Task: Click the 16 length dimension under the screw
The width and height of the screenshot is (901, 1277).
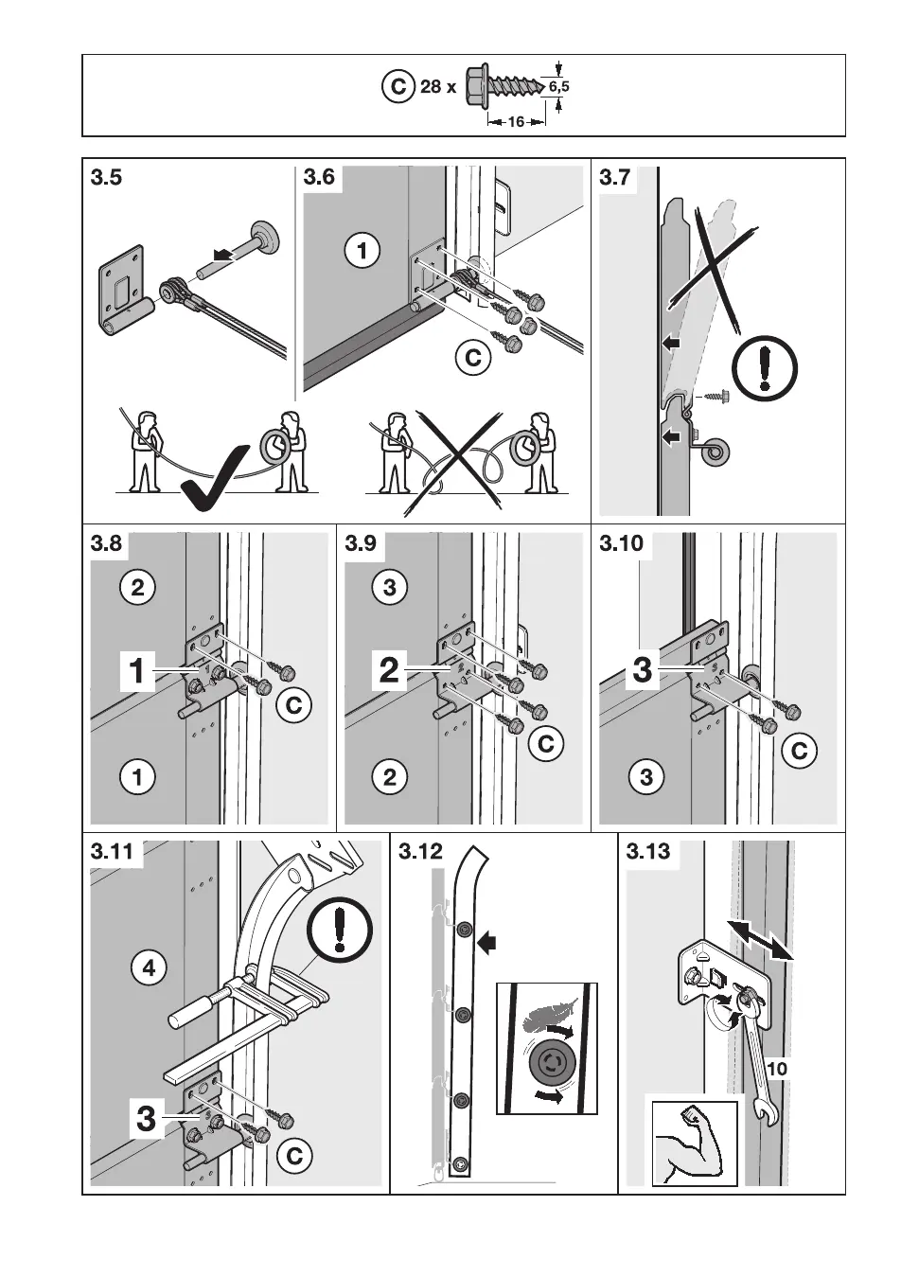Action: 516,122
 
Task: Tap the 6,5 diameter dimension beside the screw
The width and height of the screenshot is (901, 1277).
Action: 559,87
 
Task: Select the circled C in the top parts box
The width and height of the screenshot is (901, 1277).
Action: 398,87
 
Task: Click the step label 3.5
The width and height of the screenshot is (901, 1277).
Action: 107,177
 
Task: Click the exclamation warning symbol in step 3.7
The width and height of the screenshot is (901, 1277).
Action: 766,368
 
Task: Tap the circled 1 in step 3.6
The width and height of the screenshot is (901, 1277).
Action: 362,251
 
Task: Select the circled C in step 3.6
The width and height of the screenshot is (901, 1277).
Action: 473,358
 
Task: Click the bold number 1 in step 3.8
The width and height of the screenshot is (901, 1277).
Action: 138,671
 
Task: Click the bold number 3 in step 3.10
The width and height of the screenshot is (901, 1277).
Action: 643,671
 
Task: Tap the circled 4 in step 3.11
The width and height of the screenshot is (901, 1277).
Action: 149,968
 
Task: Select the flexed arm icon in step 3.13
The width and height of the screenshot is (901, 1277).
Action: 694,1144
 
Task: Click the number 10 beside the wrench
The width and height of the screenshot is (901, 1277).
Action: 778,1069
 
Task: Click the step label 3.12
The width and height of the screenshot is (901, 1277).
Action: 421,851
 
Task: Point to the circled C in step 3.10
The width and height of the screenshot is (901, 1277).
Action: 800,751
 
